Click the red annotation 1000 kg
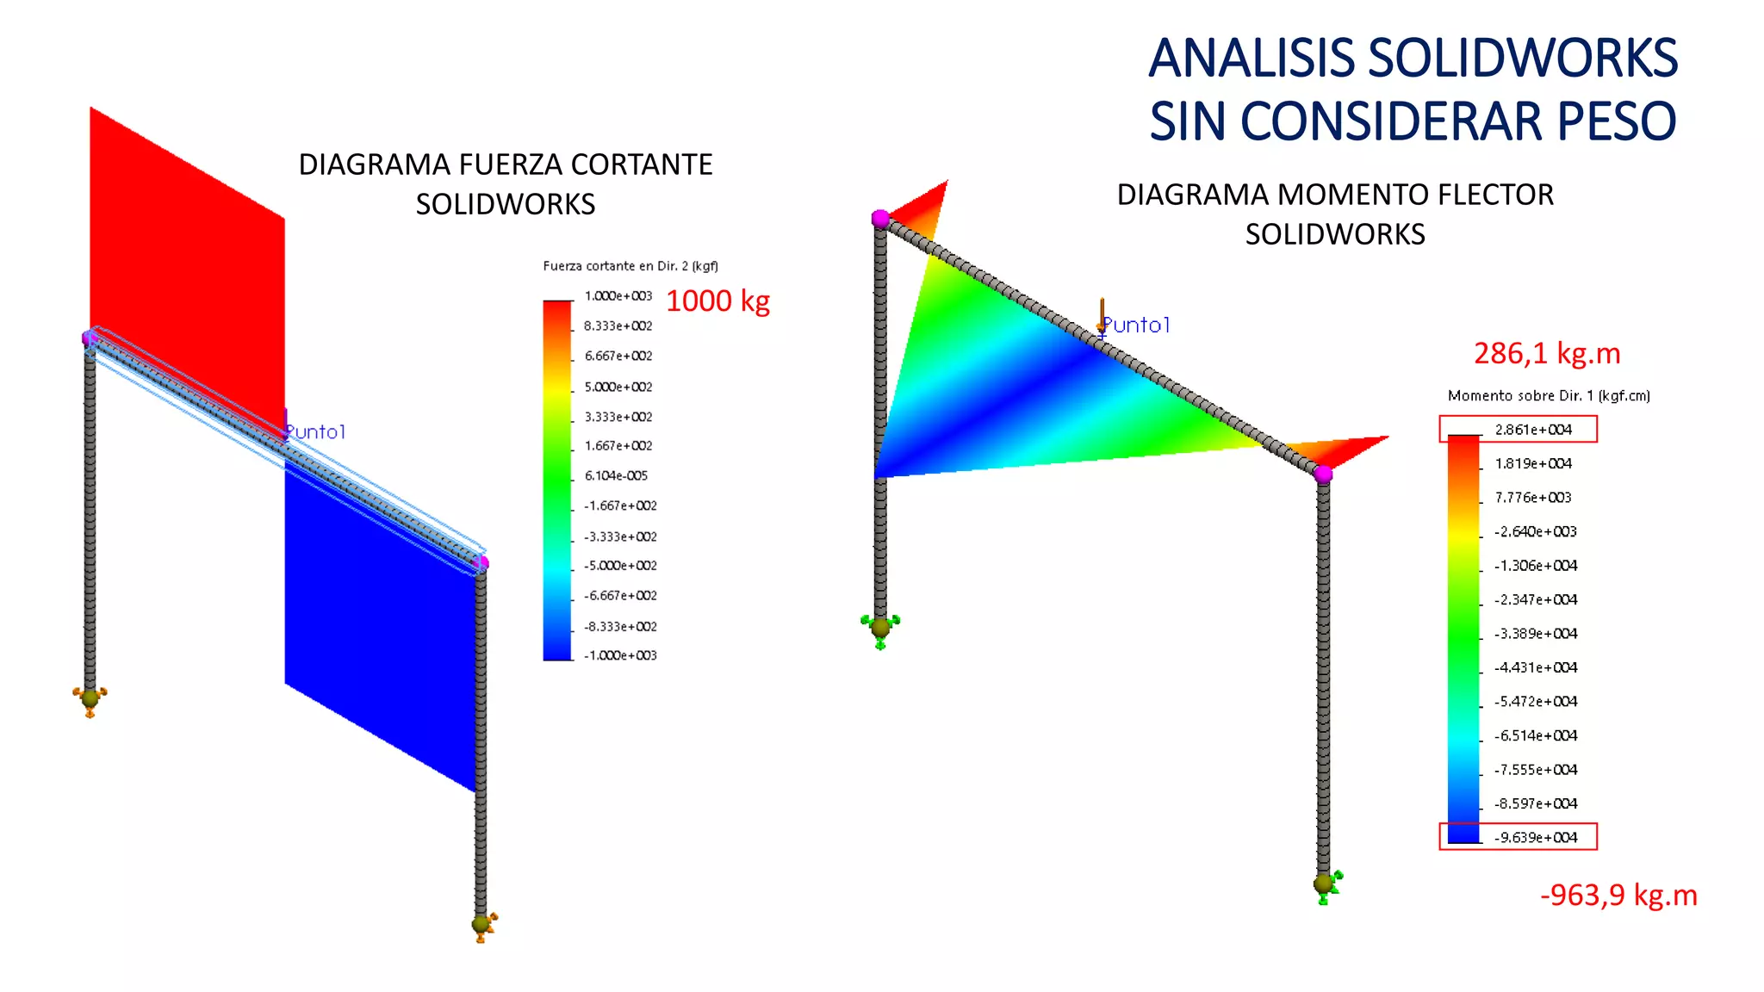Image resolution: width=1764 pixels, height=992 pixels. coord(717,301)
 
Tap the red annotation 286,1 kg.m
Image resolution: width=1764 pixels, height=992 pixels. coord(1547,354)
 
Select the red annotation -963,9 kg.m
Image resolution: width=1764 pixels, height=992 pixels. coord(1618,896)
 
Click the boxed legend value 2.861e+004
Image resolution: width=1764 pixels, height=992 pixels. coord(1533,430)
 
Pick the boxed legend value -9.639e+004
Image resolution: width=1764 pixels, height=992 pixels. coord(1536,838)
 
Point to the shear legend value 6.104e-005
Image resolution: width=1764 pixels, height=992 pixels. coord(616,476)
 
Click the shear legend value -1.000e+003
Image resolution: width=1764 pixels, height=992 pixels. coord(620,656)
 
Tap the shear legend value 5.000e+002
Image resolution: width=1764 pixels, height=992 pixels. coord(618,387)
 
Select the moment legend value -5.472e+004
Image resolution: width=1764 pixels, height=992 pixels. coord(1536,702)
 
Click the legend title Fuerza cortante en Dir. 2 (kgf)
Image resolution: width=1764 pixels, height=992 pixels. coord(630,266)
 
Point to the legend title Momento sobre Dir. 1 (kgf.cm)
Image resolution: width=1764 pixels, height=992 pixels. coord(1549,396)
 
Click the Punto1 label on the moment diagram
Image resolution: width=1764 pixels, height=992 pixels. coord(1136,325)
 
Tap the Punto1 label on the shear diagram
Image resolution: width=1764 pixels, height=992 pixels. coord(315,432)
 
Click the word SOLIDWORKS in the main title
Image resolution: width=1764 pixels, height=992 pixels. coord(1522,59)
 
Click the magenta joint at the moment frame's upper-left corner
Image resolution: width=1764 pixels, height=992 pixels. coord(880,219)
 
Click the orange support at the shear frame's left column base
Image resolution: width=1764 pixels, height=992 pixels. coord(90,699)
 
